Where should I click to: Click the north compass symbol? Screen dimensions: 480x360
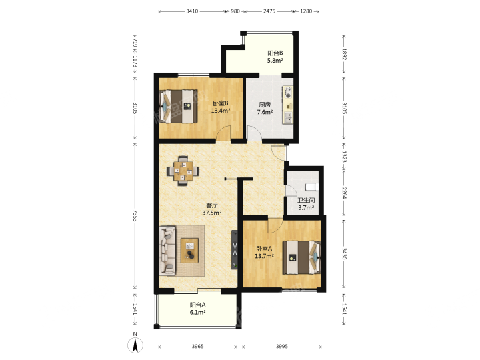coord(135,343)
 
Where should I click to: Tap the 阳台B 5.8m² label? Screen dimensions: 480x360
coord(275,57)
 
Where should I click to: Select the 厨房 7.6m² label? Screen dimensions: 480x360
coord(265,109)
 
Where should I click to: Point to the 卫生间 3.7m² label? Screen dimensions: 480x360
coord(306,204)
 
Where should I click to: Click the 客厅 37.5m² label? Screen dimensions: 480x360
coord(212,209)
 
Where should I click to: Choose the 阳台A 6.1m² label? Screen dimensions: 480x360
coord(197,309)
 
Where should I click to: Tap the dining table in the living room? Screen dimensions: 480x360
coord(183,171)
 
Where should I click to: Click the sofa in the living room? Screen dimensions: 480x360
coord(167,251)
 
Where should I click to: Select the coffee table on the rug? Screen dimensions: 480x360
coord(189,251)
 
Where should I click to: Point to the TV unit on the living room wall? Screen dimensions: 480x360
coord(235,249)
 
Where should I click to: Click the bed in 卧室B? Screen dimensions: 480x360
coord(179,106)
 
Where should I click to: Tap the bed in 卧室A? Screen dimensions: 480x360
coord(301,257)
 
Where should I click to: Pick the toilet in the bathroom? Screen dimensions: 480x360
coord(312,187)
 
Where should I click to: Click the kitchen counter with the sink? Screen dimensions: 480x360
coord(288,105)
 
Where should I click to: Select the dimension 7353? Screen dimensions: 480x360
coord(135,215)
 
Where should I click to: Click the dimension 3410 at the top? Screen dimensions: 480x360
coord(192,11)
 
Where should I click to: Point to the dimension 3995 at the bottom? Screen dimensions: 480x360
coord(282,347)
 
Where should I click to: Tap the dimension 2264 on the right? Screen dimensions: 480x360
coord(344,193)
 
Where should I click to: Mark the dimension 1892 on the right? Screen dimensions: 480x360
coord(344,54)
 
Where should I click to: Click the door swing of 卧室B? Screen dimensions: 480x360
coord(223,133)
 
